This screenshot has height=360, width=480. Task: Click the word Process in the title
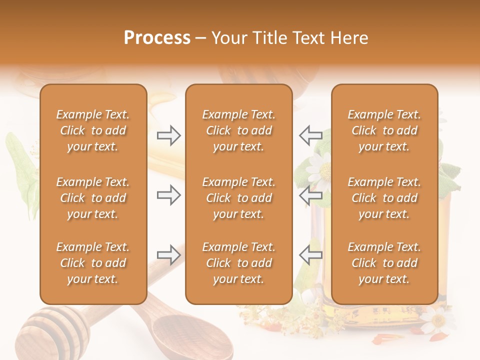(x=157, y=37)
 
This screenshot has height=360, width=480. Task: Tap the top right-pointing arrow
(x=169, y=135)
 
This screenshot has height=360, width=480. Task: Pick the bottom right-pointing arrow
(x=169, y=254)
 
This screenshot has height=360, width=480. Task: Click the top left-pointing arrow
(x=310, y=134)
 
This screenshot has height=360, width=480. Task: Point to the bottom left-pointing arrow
(x=310, y=254)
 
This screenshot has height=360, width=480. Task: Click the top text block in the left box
(x=93, y=130)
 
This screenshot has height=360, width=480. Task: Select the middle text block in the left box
(x=93, y=198)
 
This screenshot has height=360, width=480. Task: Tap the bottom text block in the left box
(x=93, y=263)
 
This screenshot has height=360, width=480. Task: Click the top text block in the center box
(x=238, y=130)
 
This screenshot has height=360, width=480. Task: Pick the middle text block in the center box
(x=238, y=198)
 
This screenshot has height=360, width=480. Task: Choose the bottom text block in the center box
(x=238, y=263)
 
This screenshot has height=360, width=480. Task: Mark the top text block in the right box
(x=384, y=130)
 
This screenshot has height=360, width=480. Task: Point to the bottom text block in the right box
(x=384, y=263)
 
